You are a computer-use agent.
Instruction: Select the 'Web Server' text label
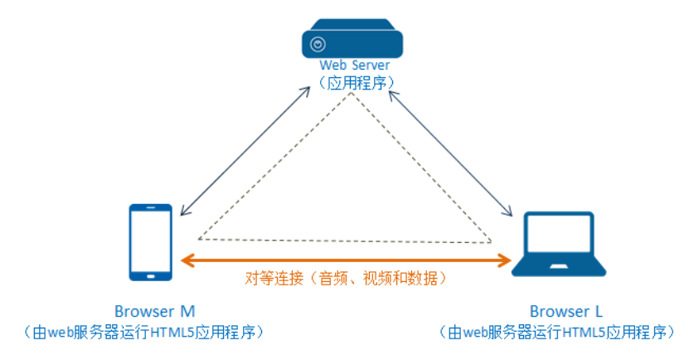[354, 65]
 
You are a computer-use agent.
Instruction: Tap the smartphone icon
[151, 241]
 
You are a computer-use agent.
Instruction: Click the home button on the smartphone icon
[151, 275]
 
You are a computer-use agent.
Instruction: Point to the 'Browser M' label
[155, 312]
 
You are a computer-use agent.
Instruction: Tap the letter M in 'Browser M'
[187, 312]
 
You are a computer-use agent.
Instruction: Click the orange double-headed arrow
[347, 260]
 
